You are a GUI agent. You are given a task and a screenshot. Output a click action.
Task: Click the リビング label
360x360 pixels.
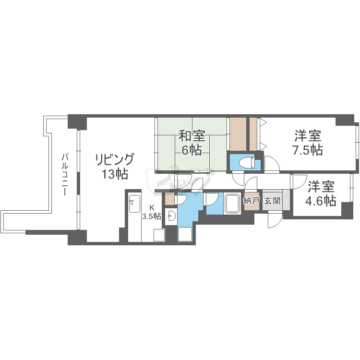pos(114,159)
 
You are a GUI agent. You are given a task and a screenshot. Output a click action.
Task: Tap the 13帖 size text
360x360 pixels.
pos(114,174)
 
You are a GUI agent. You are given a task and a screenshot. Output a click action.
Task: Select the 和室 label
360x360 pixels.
pos(192,135)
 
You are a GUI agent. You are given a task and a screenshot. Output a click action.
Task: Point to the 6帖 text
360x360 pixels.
pos(192,149)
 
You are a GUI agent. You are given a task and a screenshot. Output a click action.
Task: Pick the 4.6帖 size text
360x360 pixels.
pos(322,200)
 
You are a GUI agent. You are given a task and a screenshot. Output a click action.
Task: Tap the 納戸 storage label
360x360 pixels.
pos(251,201)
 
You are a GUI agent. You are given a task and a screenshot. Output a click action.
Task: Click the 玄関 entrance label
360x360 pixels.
pos(272,201)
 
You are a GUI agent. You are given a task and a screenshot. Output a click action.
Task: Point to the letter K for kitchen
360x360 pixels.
pos(152,208)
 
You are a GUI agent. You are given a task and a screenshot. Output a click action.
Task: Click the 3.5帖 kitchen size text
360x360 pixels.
pos(151,216)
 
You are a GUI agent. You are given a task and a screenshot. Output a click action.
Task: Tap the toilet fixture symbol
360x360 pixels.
pos(246,163)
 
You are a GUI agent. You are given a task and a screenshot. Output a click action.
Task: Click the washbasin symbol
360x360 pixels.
pos(171,217)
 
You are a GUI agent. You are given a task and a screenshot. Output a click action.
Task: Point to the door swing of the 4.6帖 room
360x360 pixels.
pos(299,181)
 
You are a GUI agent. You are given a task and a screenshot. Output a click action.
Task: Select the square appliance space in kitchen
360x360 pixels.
pos(159,235)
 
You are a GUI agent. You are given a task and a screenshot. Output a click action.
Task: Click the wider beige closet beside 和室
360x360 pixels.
pos(238,133)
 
